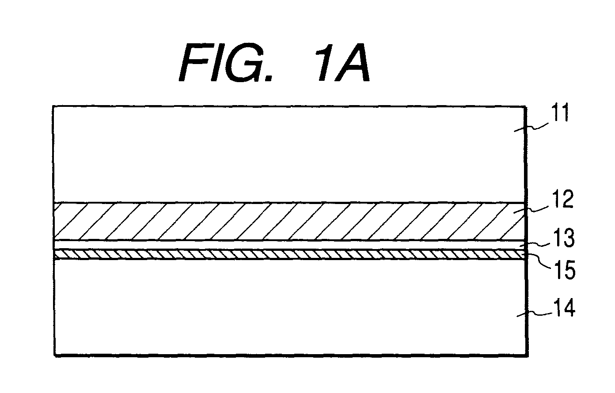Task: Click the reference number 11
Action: coord(560,112)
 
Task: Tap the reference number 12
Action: coord(562,199)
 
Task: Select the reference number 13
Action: coord(563,238)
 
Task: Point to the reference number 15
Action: coord(565,270)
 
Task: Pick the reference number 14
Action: coord(563,308)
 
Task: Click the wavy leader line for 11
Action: coord(531,127)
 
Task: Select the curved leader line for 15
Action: coord(538,260)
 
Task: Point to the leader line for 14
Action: coord(534,314)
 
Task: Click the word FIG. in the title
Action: coord(226,63)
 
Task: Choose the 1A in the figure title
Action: coord(344,63)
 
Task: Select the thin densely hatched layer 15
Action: coord(290,254)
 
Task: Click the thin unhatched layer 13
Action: coord(290,245)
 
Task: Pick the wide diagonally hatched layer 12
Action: coord(290,221)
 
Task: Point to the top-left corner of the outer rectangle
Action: coord(53,106)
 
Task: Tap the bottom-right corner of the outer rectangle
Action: coord(528,356)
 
